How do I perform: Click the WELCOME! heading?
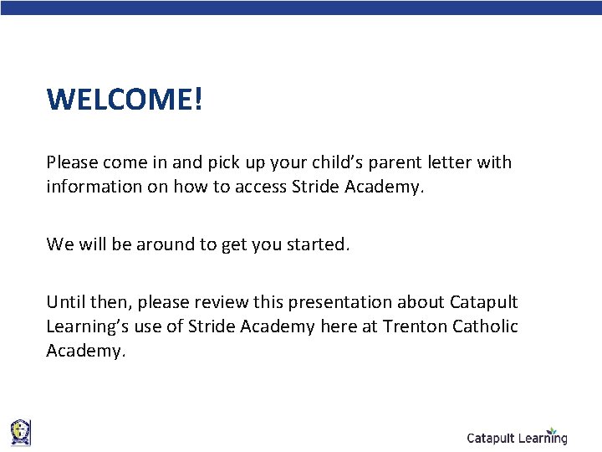coord(125,100)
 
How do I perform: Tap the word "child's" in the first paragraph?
coord(337,162)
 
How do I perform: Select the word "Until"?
coord(64,301)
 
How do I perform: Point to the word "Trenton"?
coord(414,326)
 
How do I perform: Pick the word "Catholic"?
coord(485,326)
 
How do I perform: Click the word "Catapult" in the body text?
coord(484,301)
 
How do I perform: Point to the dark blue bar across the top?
coord(301,7)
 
